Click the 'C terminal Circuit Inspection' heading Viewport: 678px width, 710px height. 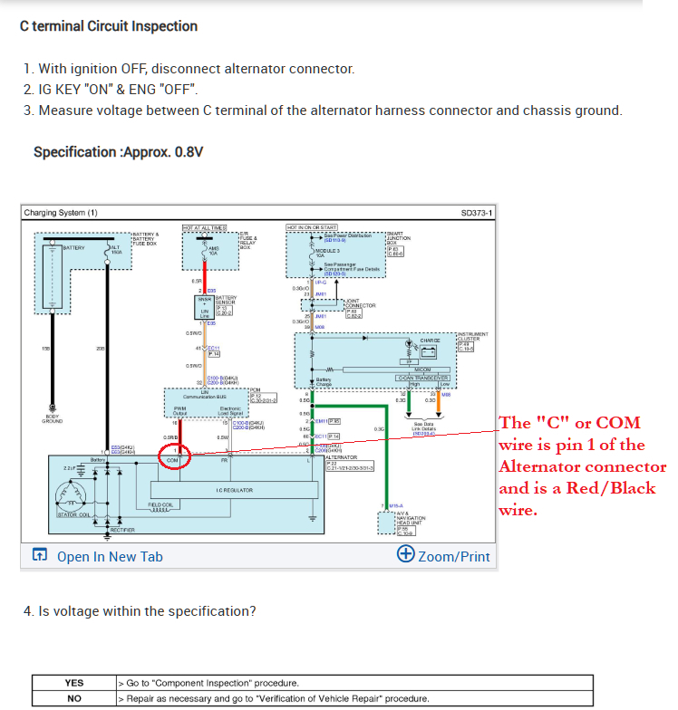[109, 25]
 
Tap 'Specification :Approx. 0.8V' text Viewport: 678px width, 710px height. [118, 151]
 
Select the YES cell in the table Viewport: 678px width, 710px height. [73, 683]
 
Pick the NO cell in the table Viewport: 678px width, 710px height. [73, 698]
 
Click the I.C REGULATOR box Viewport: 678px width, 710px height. [234, 490]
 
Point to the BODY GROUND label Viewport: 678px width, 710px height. [52, 419]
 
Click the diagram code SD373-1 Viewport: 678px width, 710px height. [477, 213]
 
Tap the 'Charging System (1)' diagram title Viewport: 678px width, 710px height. [61, 213]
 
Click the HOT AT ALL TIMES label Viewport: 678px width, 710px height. [204, 227]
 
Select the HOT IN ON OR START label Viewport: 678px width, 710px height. [312, 227]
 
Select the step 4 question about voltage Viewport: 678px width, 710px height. [140, 611]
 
